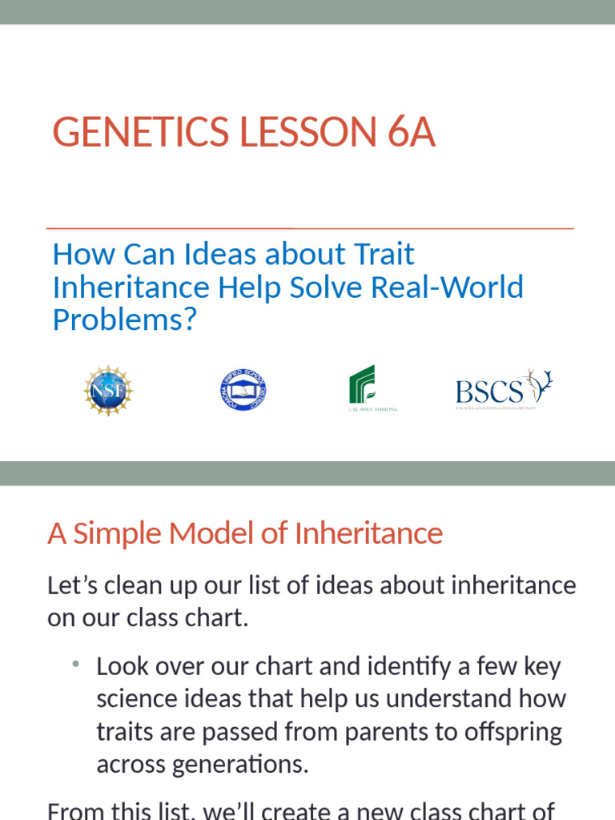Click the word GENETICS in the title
tap(128, 132)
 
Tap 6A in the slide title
tap(412, 132)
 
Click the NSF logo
tap(108, 391)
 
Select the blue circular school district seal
tap(243, 390)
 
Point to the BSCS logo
tap(504, 390)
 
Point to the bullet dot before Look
tap(74, 665)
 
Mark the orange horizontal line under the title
tap(310, 228)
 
